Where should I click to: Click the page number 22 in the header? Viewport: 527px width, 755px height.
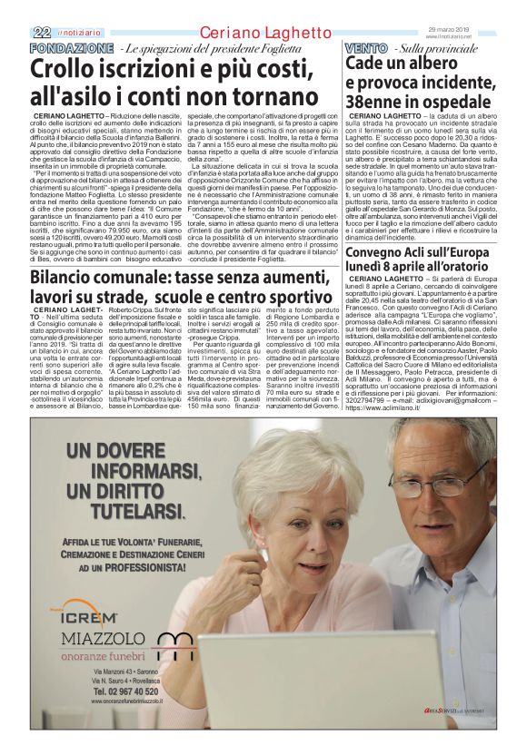(x=41, y=33)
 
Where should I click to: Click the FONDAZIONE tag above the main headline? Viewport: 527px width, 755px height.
(x=71, y=46)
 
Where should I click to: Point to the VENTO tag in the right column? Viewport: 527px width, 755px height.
(x=366, y=46)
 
